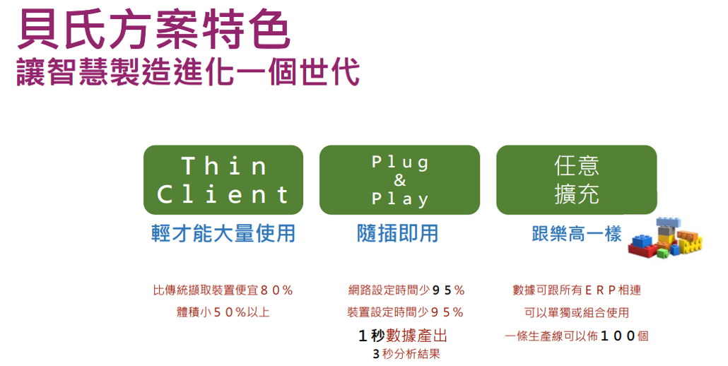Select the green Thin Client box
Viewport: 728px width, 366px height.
pyautogui.click(x=223, y=180)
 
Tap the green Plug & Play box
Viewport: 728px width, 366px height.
pyautogui.click(x=400, y=180)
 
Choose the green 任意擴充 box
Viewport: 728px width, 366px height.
pyautogui.click(x=577, y=180)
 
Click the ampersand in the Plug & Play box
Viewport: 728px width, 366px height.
pyautogui.click(x=400, y=180)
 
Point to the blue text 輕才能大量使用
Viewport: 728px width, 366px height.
pyautogui.click(x=223, y=233)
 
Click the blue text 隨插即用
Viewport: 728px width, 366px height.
pyautogui.click(x=397, y=233)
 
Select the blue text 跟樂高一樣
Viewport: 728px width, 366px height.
pyautogui.click(x=577, y=233)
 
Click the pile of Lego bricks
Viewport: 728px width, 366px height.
pyautogui.click(x=665, y=238)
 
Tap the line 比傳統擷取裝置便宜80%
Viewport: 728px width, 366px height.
pyautogui.click(x=223, y=290)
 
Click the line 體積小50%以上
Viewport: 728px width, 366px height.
pyautogui.click(x=223, y=312)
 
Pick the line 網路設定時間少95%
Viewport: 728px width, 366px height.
pyautogui.click(x=406, y=290)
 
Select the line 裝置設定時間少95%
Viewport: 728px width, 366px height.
pyautogui.click(x=405, y=312)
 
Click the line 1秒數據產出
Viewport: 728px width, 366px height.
pyautogui.click(x=403, y=336)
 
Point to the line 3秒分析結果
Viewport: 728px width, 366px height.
pyautogui.click(x=406, y=355)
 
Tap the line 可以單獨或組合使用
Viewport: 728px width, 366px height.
pyautogui.click(x=577, y=312)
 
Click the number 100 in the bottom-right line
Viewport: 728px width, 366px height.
pyautogui.click(x=618, y=336)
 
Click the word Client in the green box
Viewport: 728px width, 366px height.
pyautogui.click(x=223, y=194)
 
